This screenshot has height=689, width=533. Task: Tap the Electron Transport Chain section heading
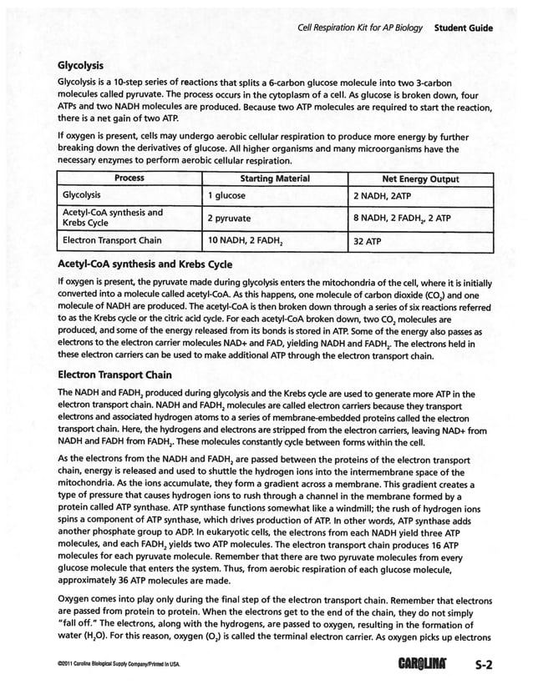coord(114,374)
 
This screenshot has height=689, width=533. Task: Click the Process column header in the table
coord(129,179)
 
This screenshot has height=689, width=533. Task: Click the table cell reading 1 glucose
coord(226,195)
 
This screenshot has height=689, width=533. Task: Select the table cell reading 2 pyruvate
coord(230,219)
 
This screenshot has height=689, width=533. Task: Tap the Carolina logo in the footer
coord(427,666)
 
